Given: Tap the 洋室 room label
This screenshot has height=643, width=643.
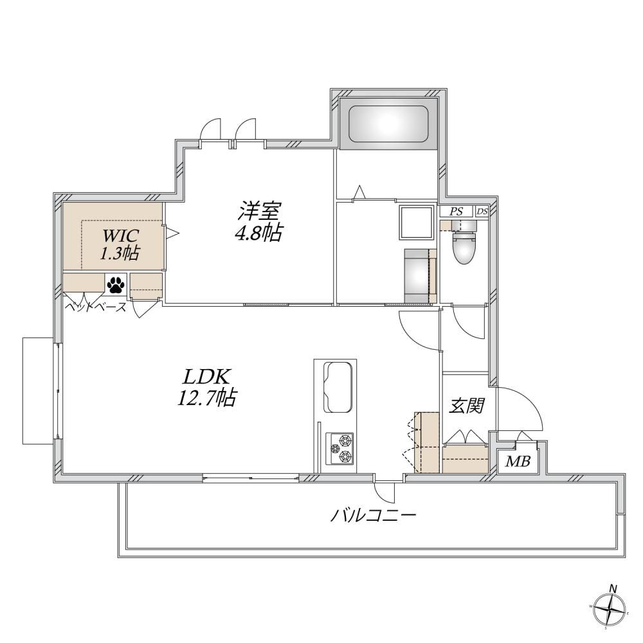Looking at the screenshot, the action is pos(259,212).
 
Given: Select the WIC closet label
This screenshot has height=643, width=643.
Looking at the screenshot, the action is pos(121,236).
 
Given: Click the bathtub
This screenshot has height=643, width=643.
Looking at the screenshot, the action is pos(388,124).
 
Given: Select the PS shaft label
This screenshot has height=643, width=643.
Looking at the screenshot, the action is pos(456,212).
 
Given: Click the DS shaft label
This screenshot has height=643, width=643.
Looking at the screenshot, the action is pos(482,212).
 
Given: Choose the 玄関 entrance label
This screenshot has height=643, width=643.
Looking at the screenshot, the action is pos(467,406).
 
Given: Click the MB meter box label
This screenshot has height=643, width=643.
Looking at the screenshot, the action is pos(518,462).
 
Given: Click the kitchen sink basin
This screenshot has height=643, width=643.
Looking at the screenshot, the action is pos(338,388).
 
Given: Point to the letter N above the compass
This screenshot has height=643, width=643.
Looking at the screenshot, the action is pos(613,589).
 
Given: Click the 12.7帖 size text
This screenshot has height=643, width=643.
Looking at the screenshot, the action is pos(206,397).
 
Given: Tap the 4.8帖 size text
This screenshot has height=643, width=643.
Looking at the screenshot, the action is pos(258,233).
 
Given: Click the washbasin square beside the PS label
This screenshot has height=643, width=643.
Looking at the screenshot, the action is pos(417,222).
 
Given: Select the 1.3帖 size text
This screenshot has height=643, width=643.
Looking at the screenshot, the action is pos(120,253).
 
